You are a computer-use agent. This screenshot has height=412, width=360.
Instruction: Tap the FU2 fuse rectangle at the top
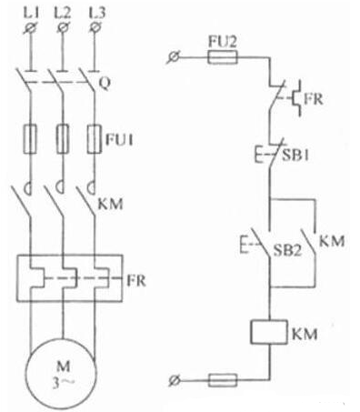pos(224,57)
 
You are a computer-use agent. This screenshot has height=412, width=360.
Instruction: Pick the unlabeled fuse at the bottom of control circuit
pos(224,377)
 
